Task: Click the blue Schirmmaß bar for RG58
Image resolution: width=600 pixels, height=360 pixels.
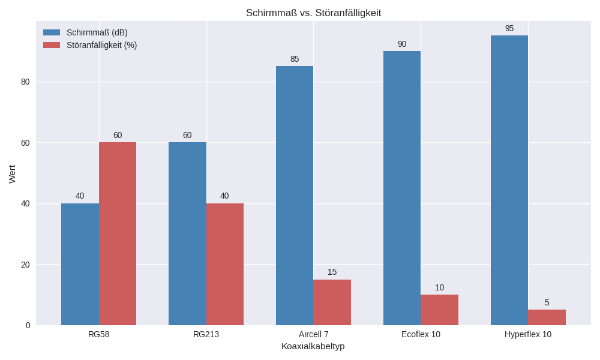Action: coord(80,264)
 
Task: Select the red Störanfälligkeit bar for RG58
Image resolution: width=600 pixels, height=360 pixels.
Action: coord(118,233)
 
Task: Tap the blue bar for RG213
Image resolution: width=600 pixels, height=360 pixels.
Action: coord(187,233)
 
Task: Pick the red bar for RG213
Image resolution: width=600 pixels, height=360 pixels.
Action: coord(225,264)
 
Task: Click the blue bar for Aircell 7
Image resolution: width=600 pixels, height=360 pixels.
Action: coord(295,196)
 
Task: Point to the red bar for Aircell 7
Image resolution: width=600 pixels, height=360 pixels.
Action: coord(332,302)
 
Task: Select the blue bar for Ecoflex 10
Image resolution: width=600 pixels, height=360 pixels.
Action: coord(402,188)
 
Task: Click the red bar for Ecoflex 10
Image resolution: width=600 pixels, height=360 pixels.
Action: coord(439,310)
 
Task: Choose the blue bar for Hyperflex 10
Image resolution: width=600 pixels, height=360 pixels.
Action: coord(509,180)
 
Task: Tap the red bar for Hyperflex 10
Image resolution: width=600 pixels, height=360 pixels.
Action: coord(547,317)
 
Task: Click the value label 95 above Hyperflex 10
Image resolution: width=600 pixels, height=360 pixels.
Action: coord(509,28)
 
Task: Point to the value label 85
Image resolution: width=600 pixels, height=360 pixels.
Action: coord(295,59)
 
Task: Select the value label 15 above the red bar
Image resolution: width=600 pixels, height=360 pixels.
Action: coord(332,272)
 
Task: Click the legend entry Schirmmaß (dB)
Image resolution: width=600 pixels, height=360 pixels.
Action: coord(97,32)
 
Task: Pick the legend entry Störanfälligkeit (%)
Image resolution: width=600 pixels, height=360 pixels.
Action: coord(101,45)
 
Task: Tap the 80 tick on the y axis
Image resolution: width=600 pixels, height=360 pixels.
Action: coord(25,82)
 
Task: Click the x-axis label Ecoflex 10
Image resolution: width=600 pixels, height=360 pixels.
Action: coord(421,334)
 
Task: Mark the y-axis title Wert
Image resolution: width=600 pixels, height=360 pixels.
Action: coord(12,174)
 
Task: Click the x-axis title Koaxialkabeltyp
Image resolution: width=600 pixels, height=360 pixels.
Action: coord(313,346)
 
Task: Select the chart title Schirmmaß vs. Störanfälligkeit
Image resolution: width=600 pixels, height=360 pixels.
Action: coord(313,13)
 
